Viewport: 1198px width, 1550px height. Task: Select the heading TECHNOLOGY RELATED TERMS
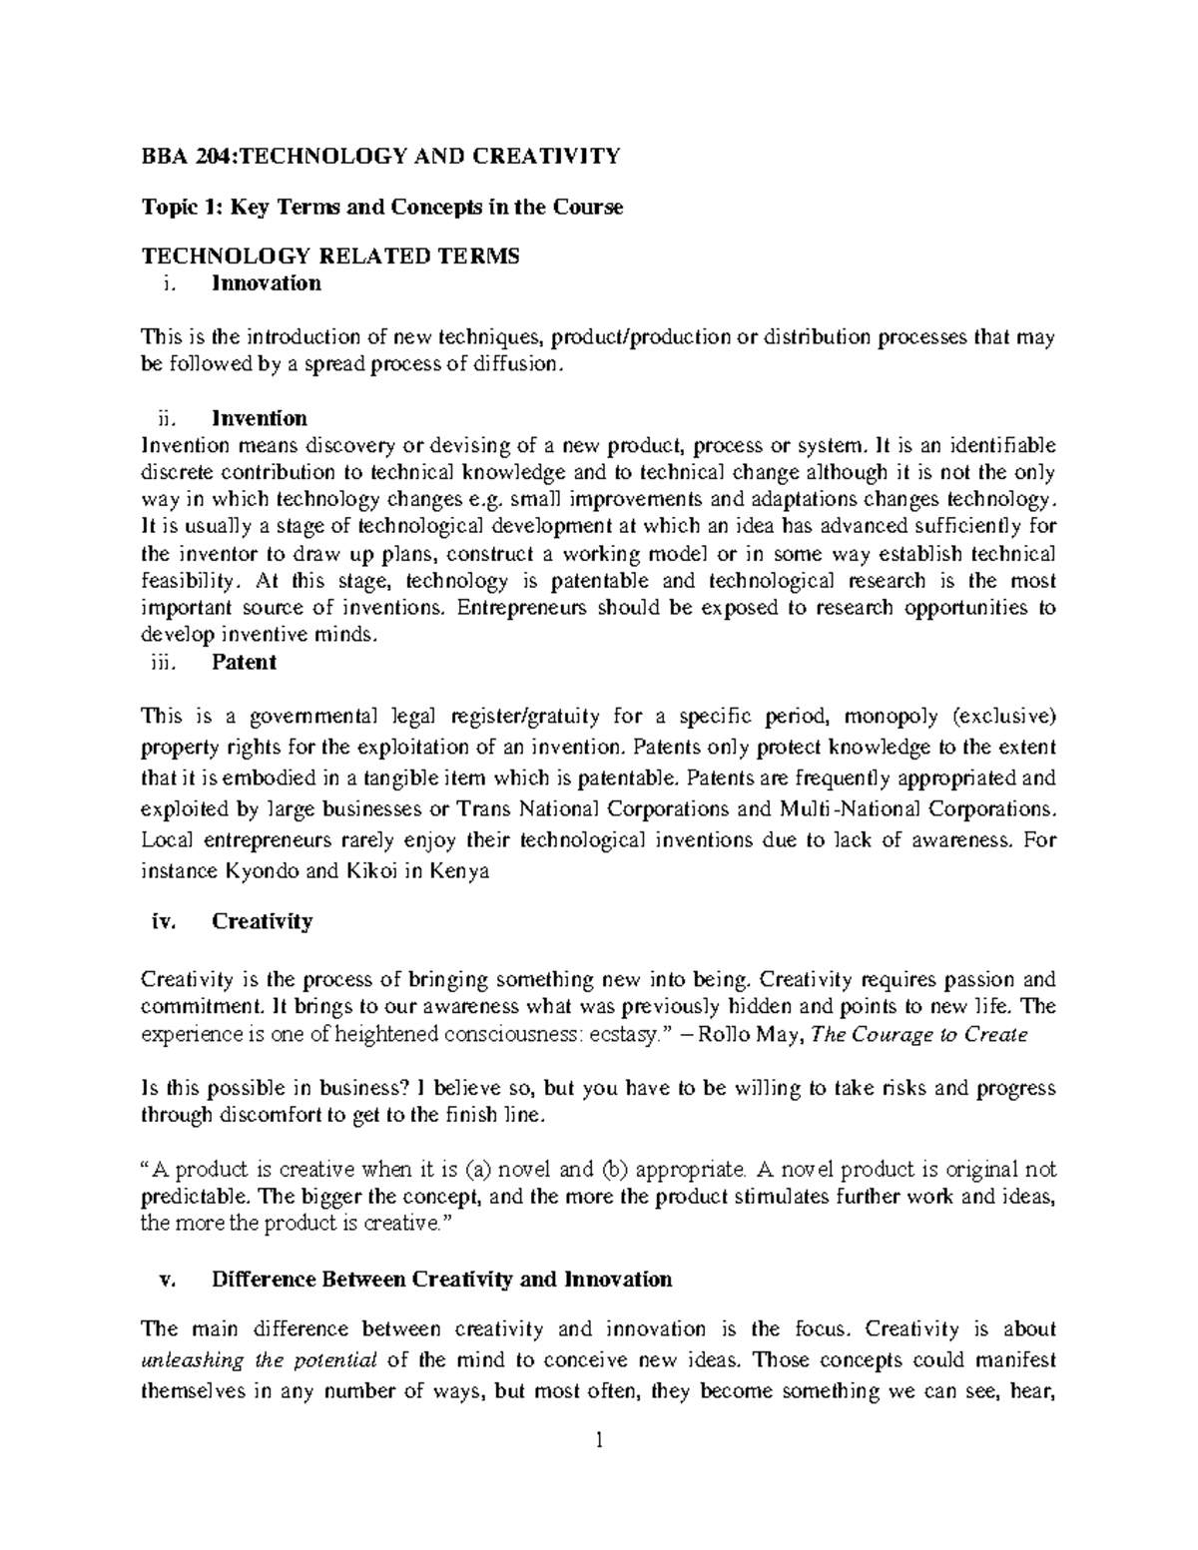pyautogui.click(x=330, y=257)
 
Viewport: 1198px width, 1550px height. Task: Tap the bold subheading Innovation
pyautogui.click(x=266, y=283)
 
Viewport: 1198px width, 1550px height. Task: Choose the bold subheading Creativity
pyautogui.click(x=262, y=921)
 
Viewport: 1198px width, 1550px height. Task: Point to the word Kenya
pyautogui.click(x=460, y=871)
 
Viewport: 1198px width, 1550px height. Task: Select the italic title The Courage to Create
pyautogui.click(x=920, y=1035)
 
